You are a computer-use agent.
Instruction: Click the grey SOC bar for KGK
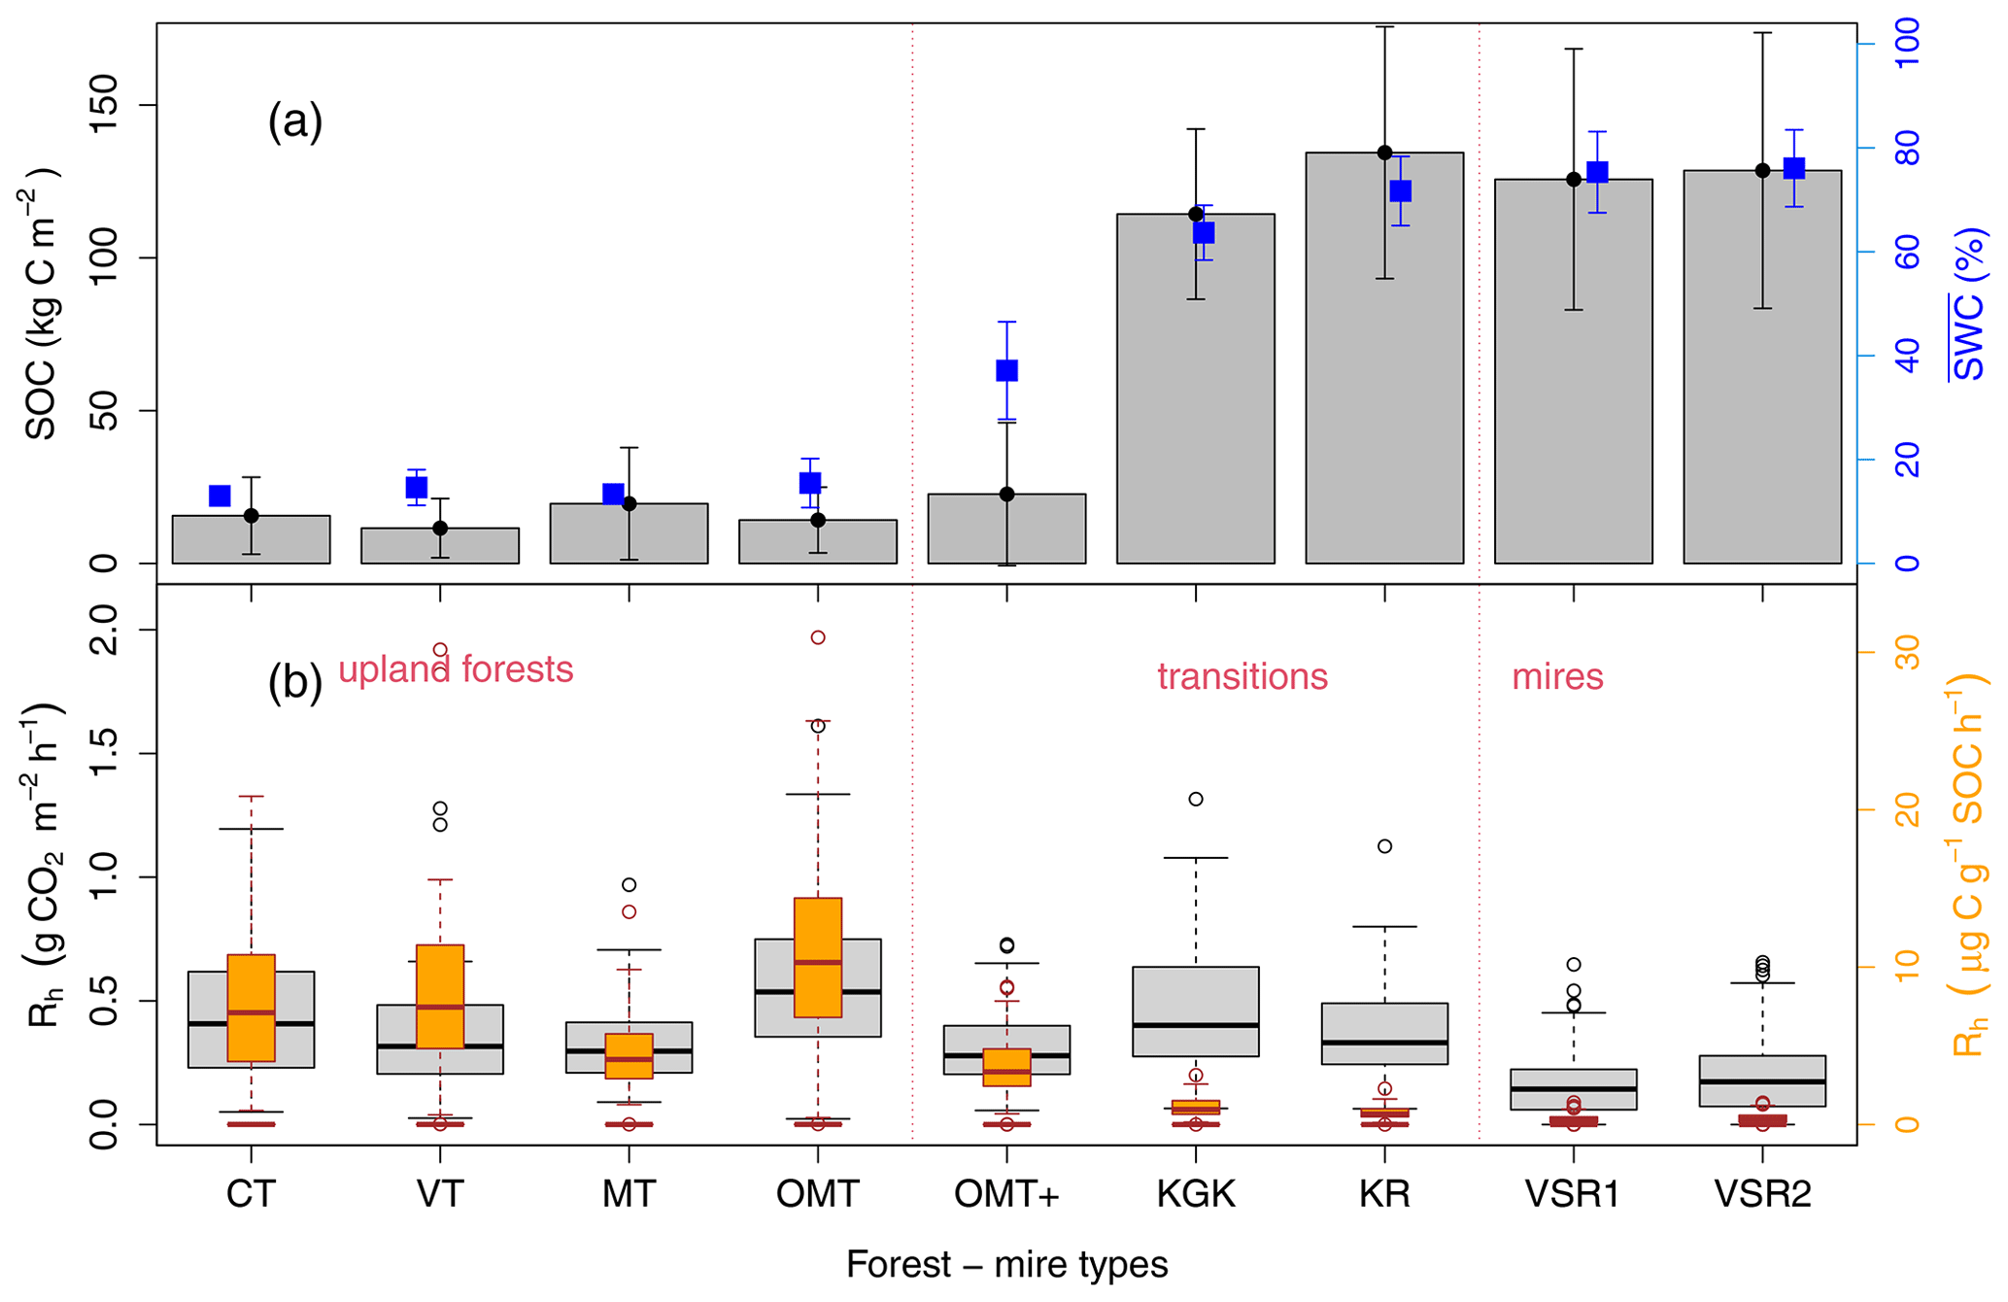coord(1195,408)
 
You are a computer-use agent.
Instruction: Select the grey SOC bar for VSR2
coord(1761,389)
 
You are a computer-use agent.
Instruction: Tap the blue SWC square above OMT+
coord(1006,370)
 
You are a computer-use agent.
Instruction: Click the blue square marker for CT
coord(220,497)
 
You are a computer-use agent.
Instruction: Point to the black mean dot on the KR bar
coord(1384,153)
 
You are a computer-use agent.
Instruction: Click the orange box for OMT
coord(818,957)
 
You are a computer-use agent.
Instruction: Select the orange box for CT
coord(252,1008)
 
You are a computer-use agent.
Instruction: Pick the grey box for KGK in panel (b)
coord(1195,1011)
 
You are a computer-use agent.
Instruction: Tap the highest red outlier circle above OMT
coord(818,637)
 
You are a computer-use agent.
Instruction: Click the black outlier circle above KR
coord(1384,846)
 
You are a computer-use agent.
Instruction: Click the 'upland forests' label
coord(456,670)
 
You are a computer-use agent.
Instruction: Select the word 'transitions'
coord(1242,677)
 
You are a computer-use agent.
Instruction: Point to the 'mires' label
coord(1556,677)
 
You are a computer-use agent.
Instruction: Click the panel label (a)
coord(294,123)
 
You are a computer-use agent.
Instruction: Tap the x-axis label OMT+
coord(1006,1194)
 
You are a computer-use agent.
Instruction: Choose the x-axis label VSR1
coord(1573,1194)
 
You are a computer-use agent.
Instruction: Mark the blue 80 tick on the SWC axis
coord(1907,149)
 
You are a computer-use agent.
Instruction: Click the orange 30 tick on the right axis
coord(1908,651)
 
